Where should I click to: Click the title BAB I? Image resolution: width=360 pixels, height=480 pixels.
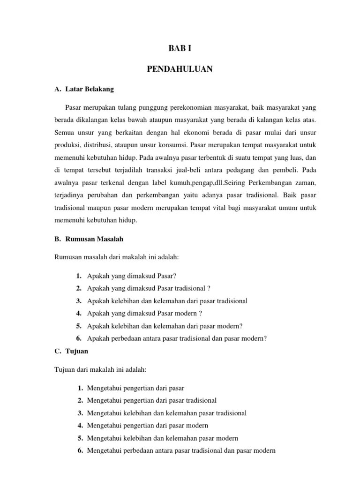pyautogui.click(x=180, y=48)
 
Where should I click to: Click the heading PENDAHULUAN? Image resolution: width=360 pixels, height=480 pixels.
pyautogui.click(x=180, y=69)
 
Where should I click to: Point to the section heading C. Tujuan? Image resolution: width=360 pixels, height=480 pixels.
pyautogui.click(x=71, y=351)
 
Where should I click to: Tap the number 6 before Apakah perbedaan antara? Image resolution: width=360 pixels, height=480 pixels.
pyautogui.click(x=78, y=338)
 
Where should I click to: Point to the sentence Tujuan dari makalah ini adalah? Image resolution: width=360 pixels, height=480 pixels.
pyautogui.click(x=101, y=369)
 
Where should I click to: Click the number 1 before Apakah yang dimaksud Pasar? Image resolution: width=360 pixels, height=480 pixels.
pyautogui.click(x=78, y=276)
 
